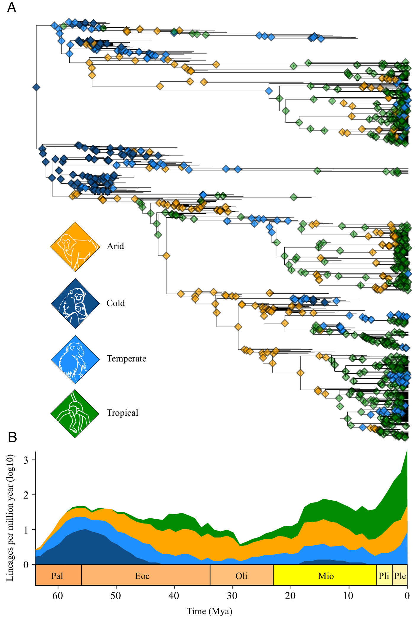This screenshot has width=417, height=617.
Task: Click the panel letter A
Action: [x=12, y=7]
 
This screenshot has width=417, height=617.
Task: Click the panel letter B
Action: [x=12, y=437]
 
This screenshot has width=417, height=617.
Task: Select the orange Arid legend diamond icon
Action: [x=75, y=247]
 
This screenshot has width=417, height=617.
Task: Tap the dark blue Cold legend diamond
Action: [x=75, y=303]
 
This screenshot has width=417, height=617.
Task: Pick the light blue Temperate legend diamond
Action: [x=75, y=359]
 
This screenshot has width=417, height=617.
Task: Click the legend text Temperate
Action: [x=126, y=359]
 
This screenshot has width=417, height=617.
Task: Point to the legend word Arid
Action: [x=115, y=246]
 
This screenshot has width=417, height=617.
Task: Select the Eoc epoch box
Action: [x=142, y=576]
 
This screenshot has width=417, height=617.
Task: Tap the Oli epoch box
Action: [x=241, y=576]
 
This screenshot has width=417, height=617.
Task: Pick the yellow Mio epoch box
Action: [x=326, y=576]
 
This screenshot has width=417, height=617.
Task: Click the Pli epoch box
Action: [x=384, y=576]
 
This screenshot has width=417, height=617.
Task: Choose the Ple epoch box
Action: [x=400, y=576]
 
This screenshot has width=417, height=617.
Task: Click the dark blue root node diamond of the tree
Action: [x=36, y=87]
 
